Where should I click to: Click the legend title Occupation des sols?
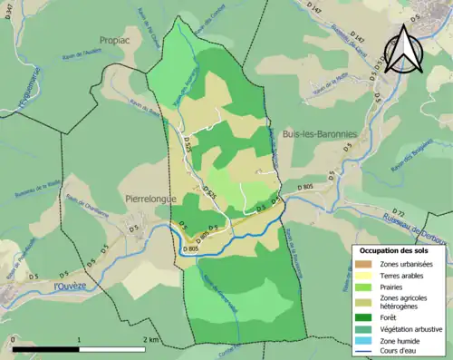395,249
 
